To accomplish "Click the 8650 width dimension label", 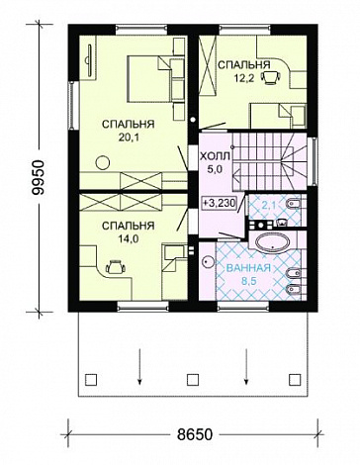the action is pos(194,434).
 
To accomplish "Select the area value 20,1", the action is pos(129,138).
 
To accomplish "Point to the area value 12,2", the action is pos(244,78).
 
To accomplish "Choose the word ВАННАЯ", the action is pos(248,268).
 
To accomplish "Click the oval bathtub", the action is pos(274,243).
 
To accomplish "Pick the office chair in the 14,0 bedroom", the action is pos(116,266).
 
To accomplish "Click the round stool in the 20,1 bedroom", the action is pos(103,163).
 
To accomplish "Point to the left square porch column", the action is pos(91,379).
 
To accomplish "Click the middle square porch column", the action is pos(193,379).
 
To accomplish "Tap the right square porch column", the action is pos(294,379).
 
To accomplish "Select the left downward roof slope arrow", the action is pos(140,366).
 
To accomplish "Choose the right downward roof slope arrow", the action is pos(245,366).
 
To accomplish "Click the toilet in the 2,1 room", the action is pos(294,205).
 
